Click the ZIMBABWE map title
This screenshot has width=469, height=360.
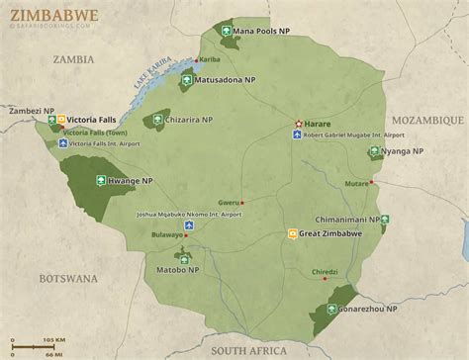coord(42,14)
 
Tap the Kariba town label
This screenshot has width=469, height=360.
coord(210,59)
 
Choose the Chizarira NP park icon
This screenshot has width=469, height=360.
coord(156,120)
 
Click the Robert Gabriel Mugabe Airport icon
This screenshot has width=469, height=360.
coord(298,134)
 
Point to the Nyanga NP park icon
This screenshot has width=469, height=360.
coord(374,151)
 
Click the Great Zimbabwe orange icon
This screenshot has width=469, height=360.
coord(292,233)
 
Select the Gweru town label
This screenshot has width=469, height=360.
coord(229,199)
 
